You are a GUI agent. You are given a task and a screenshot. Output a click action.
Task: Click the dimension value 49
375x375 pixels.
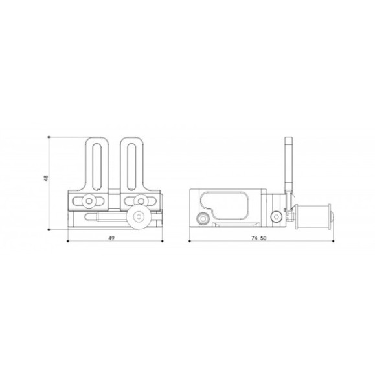111,238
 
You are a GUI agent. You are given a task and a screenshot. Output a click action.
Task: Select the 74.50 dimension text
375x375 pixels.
259,238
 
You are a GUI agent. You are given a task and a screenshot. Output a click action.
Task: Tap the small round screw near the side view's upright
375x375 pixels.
277,216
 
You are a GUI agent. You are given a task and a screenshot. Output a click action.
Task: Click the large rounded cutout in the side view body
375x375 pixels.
226,204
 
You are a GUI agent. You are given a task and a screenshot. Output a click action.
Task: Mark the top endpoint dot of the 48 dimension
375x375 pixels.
51,137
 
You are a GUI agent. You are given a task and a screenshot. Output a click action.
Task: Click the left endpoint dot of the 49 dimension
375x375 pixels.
67,242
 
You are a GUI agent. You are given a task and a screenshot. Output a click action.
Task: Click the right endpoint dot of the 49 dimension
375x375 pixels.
161,242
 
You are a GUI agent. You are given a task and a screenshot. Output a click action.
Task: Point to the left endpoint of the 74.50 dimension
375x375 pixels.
189,242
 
